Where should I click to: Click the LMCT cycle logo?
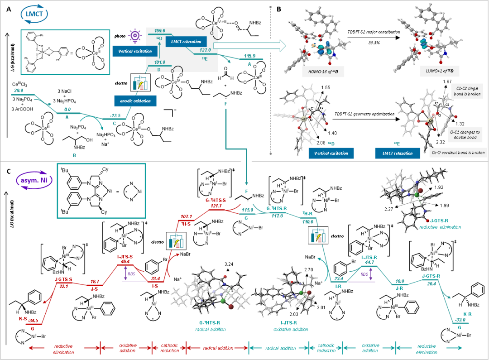[x=34, y=14]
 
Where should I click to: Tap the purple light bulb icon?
[x=134, y=35]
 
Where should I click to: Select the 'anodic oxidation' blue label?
[x=135, y=101]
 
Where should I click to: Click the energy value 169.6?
[x=159, y=31]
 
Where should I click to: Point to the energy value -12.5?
[x=116, y=115]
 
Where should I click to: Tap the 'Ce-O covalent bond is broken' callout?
[x=458, y=153]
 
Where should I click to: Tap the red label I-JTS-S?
[x=125, y=257]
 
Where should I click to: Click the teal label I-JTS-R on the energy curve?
[x=369, y=257]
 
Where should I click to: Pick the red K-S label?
[x=23, y=318]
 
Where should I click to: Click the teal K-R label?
[x=468, y=314]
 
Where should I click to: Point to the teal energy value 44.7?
[x=369, y=262]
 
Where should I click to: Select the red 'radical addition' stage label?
[x=218, y=348]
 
